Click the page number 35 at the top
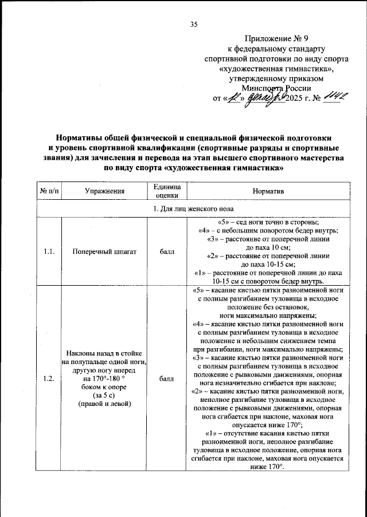click(x=193, y=24)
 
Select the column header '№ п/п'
click(x=50, y=190)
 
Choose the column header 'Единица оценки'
click(x=167, y=190)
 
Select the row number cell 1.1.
click(x=50, y=251)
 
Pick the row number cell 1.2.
click(x=50, y=378)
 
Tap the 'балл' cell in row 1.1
click(x=167, y=251)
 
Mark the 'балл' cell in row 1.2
click(x=167, y=378)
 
